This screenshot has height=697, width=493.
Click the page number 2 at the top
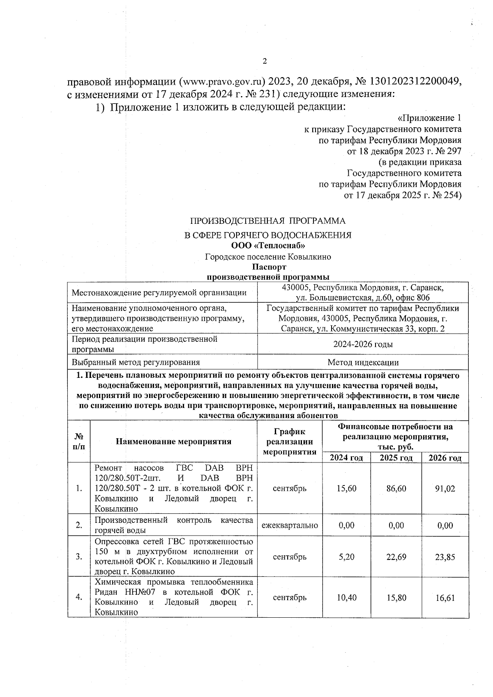[265, 61]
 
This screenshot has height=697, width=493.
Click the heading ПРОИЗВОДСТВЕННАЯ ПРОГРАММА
[267, 221]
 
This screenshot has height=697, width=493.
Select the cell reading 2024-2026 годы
[363, 344]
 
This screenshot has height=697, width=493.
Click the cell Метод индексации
[363, 362]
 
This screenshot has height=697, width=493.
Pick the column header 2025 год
[396, 458]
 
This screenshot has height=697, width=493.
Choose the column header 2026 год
[445, 458]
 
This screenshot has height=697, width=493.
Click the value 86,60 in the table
[396, 488]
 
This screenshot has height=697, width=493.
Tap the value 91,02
[445, 488]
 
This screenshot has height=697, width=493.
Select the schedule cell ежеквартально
[290, 525]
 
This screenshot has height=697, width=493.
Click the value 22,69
[396, 557]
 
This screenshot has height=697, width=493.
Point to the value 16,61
[445, 598]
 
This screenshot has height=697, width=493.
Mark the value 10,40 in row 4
[346, 598]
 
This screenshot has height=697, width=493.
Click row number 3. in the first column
[79, 557]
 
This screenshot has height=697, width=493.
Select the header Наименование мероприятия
[173, 442]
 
